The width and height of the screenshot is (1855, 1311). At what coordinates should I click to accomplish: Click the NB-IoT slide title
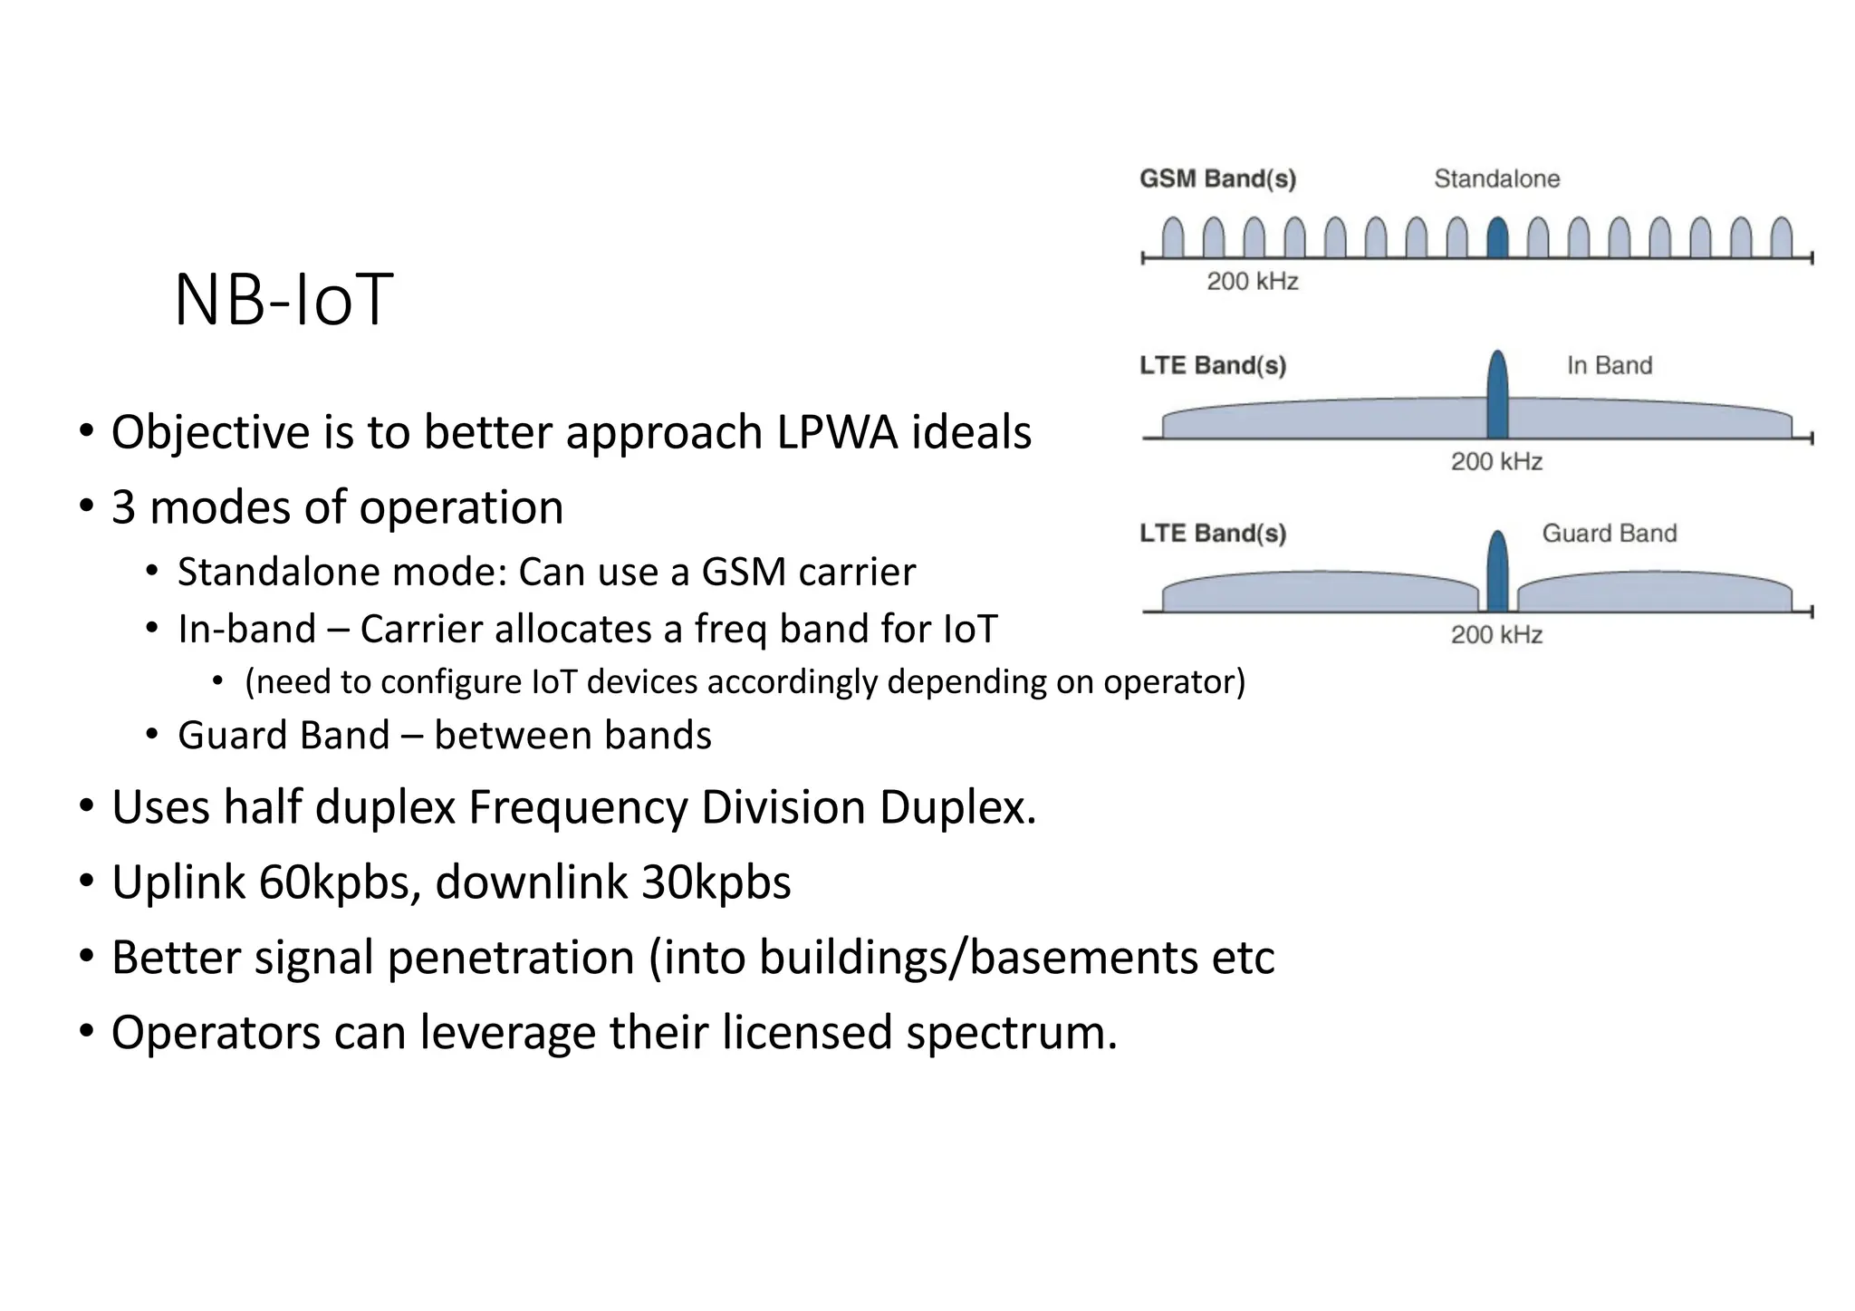(x=284, y=300)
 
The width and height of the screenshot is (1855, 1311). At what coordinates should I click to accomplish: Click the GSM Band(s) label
(x=1217, y=178)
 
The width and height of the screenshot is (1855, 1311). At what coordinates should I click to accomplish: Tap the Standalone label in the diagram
(x=1496, y=178)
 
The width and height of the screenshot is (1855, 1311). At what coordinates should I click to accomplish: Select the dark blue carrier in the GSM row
(x=1497, y=238)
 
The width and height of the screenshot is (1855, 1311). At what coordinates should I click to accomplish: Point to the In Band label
(x=1610, y=365)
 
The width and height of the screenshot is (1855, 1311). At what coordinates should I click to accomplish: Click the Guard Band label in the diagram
(x=1610, y=533)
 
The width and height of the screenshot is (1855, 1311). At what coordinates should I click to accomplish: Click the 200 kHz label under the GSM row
(x=1253, y=281)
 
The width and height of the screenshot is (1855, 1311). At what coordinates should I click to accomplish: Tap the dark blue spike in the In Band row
(x=1497, y=396)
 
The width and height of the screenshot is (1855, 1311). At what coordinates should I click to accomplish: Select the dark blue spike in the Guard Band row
(x=1497, y=572)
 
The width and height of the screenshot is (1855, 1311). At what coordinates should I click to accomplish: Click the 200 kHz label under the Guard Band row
(x=1496, y=634)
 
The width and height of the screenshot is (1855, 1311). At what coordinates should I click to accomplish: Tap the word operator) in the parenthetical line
(x=1174, y=681)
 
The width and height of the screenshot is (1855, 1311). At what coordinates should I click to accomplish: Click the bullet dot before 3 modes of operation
(x=86, y=506)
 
